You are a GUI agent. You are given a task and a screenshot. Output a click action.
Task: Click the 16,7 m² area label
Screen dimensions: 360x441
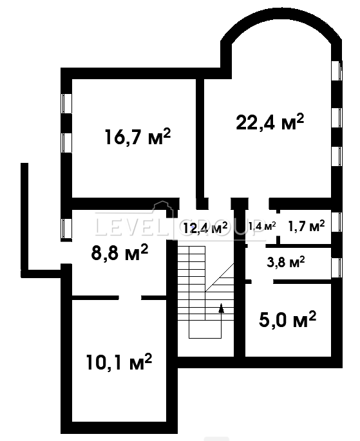tap(138, 136)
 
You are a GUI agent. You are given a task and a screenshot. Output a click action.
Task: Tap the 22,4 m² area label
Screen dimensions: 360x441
tap(270, 122)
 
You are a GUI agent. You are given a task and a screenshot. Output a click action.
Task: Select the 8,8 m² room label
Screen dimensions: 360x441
tap(120, 253)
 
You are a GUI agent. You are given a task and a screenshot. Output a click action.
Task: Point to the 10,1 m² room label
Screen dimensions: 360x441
tap(119, 362)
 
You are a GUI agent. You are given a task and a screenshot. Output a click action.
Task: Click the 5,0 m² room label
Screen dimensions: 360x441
tap(287, 319)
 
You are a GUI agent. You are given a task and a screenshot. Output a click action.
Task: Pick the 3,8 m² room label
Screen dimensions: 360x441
tap(286, 262)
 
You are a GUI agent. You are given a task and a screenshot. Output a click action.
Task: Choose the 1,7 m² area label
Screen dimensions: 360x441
tap(307, 226)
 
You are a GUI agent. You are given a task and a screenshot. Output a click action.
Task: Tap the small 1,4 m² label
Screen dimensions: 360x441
tap(262, 225)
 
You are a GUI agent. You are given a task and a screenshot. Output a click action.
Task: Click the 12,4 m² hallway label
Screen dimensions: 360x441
tap(205, 227)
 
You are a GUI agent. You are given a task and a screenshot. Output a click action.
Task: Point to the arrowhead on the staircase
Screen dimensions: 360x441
tap(222, 308)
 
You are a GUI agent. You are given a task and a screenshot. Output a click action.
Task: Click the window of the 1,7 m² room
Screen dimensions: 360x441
tap(337, 222)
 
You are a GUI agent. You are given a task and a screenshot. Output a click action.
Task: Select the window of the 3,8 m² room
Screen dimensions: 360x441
tap(337, 267)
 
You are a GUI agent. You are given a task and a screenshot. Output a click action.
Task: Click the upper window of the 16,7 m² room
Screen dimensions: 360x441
tap(67, 104)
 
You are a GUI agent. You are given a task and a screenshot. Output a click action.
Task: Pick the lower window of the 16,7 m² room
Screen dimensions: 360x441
tap(67, 143)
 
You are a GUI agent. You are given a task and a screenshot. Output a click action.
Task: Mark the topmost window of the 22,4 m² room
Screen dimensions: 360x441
tap(337, 70)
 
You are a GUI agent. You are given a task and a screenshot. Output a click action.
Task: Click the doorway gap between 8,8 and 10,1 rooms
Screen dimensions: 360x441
tap(129, 297)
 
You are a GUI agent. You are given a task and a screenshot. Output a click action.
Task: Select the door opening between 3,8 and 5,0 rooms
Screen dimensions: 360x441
tap(262, 281)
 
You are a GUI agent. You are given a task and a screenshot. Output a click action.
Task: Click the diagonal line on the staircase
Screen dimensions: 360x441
tap(220, 277)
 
